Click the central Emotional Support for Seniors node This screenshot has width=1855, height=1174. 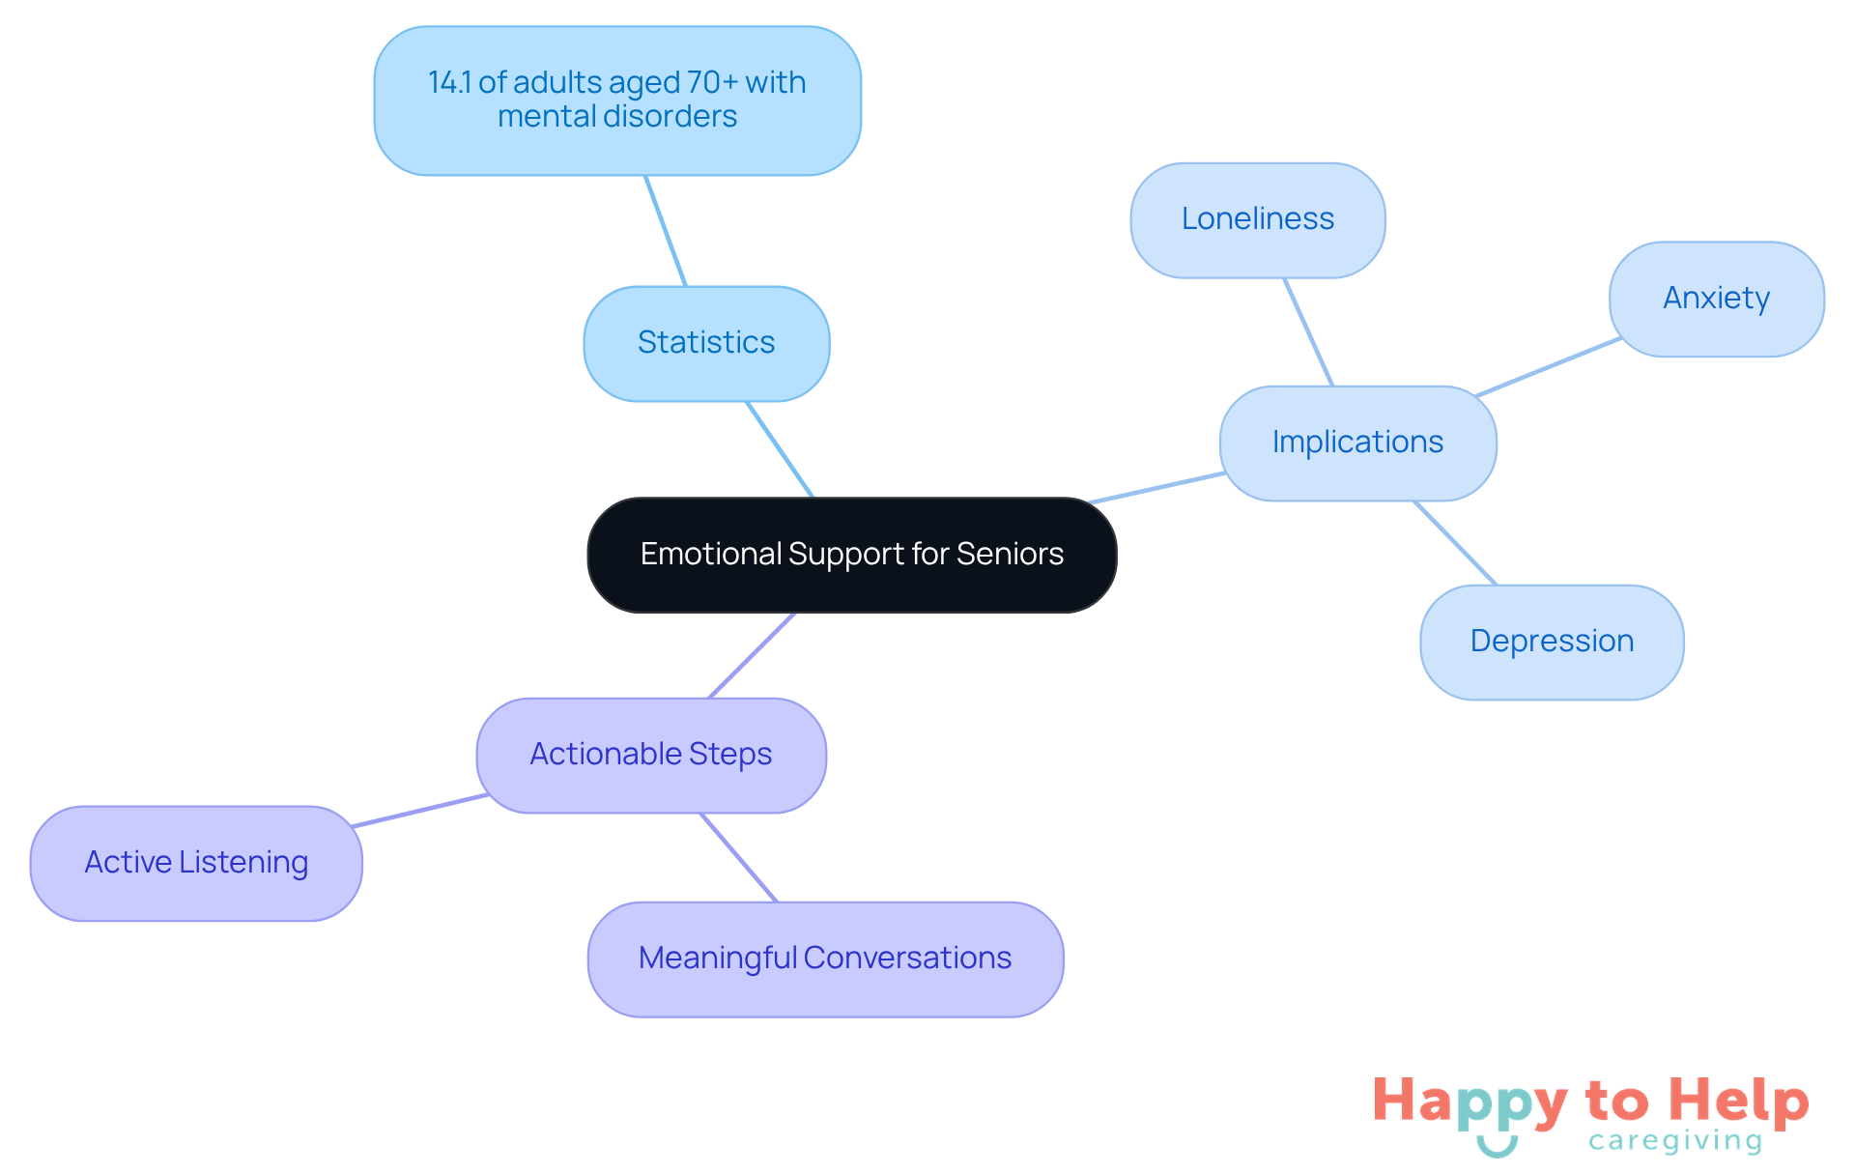[x=851, y=555]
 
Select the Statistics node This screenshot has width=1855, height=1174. [x=706, y=343]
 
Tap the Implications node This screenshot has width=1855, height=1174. [x=1357, y=443]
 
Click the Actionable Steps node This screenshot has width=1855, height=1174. [x=650, y=755]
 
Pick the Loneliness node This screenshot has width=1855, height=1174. [x=1257, y=219]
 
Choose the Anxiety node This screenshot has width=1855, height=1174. [x=1716, y=299]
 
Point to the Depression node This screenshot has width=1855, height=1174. [x=1552, y=642]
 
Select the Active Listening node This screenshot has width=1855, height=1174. [x=196, y=863]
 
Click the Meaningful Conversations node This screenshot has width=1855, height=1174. [x=825, y=959]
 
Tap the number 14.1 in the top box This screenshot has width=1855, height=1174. [x=449, y=83]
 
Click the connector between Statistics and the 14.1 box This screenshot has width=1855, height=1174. [x=666, y=231]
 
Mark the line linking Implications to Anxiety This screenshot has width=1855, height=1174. [x=1549, y=367]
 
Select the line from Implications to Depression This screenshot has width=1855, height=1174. [x=1456, y=543]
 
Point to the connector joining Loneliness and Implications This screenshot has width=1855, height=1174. [x=1308, y=332]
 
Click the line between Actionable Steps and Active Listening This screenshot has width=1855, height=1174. [x=420, y=811]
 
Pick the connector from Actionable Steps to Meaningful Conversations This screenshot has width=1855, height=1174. [x=738, y=857]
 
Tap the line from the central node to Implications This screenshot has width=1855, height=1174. [x=1157, y=488]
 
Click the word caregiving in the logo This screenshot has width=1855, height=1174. [x=1674, y=1141]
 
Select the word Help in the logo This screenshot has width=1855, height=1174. [x=1738, y=1102]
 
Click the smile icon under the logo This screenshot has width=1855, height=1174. [x=1497, y=1147]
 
